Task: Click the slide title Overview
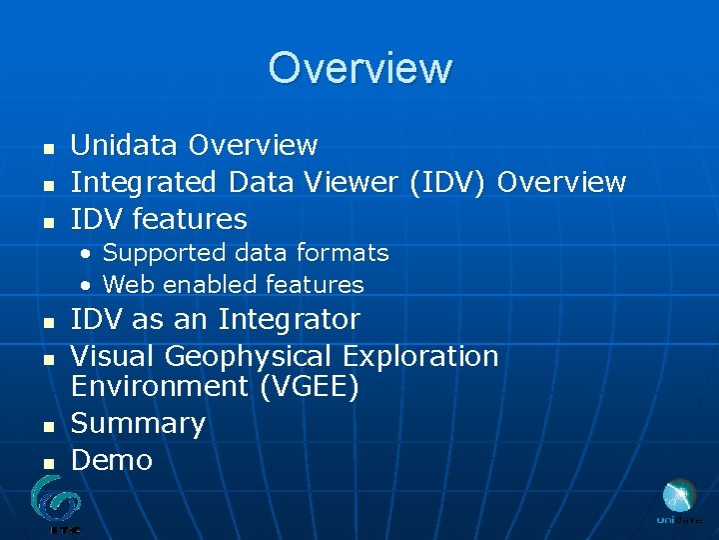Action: click(x=359, y=68)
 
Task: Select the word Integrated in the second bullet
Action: click(x=144, y=183)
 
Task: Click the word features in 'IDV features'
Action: click(x=190, y=219)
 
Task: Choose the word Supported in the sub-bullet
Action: click(x=156, y=253)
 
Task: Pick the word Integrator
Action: click(x=289, y=320)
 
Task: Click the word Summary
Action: click(x=138, y=424)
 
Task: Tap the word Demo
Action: click(x=112, y=461)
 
